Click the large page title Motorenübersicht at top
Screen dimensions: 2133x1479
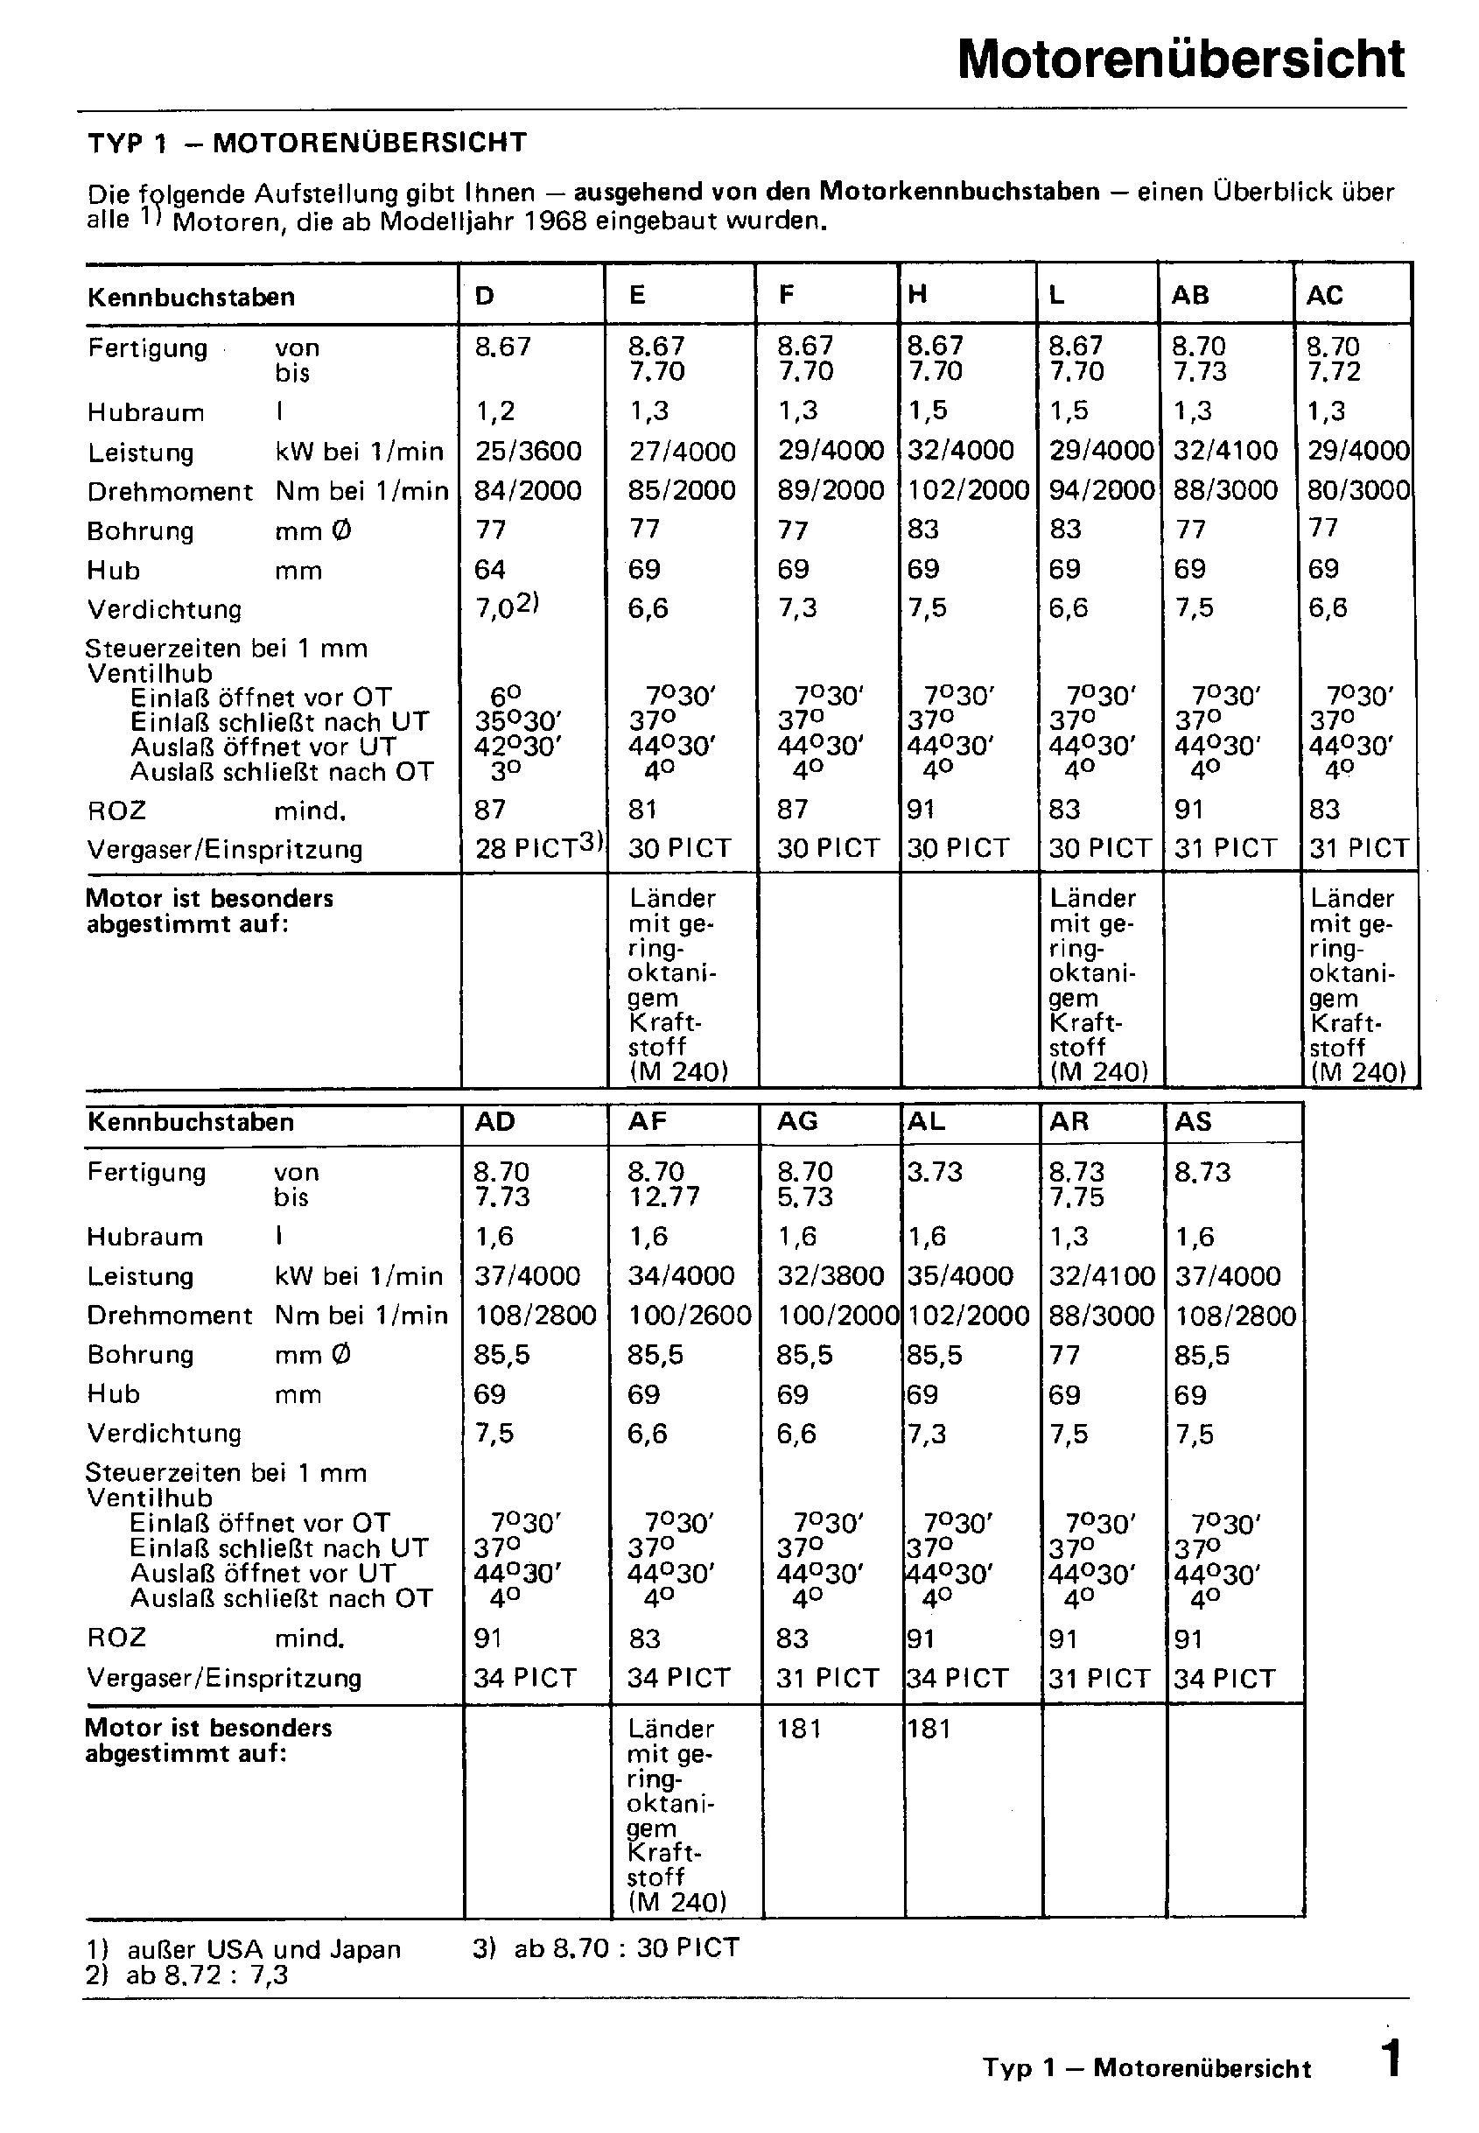point(1181,60)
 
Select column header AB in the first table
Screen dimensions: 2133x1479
point(1190,296)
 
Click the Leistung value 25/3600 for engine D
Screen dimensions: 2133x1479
point(529,452)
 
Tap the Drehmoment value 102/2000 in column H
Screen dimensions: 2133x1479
point(967,490)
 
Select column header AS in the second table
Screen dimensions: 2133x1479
point(1193,1121)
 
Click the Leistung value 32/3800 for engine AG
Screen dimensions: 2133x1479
point(831,1276)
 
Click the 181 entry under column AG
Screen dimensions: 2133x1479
point(799,1728)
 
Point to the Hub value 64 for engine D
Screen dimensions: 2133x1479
point(489,569)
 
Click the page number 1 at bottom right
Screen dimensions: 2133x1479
point(1390,2059)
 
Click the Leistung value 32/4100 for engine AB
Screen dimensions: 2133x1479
point(1225,452)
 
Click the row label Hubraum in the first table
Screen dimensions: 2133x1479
point(145,412)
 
